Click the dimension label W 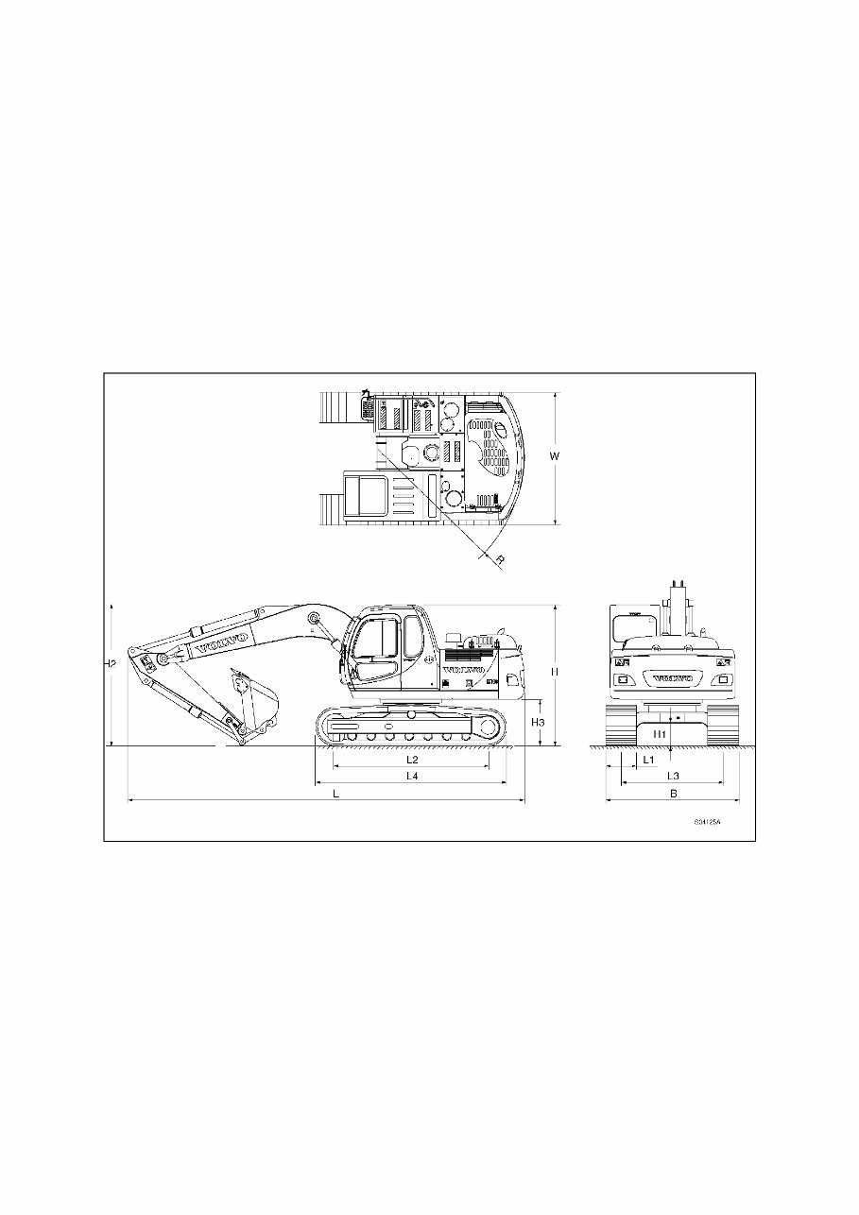tap(555, 456)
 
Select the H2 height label tap(111, 663)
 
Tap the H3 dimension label tap(538, 722)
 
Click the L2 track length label tap(411, 759)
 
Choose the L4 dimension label tap(411, 776)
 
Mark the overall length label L tap(335, 794)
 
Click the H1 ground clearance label tap(660, 733)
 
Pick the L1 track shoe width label tap(647, 759)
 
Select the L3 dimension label tap(673, 776)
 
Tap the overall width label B tap(673, 794)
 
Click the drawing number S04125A tap(706, 822)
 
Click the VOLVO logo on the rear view tap(673, 678)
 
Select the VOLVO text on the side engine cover tap(463, 670)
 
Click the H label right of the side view tap(555, 671)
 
